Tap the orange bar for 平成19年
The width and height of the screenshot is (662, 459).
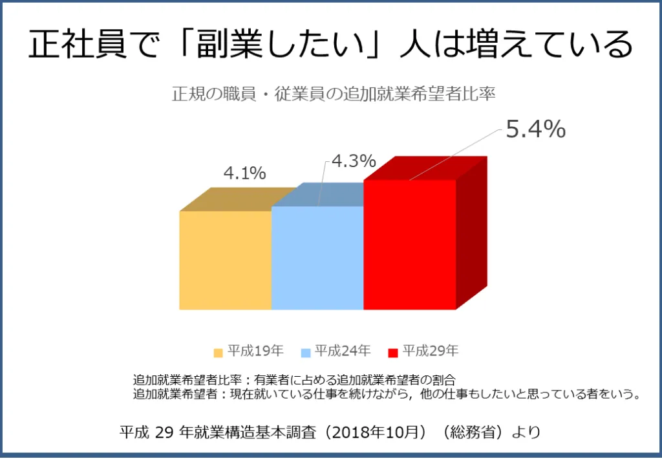coord(225,260)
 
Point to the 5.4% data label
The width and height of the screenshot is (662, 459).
coord(535,130)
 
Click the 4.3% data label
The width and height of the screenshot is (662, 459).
coord(354,161)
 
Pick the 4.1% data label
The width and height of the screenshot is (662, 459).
coord(244,174)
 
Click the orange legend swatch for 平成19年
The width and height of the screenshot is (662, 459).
coord(219,353)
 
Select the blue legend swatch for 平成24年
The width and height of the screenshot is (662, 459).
coord(306,353)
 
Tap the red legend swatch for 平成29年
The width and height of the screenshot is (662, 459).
coord(392,353)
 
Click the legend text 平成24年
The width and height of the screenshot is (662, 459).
coord(343,352)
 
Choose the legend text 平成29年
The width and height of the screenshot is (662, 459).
coord(431,352)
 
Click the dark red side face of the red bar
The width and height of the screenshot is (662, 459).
coord(471,233)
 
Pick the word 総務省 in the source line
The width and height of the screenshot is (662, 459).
coord(476,432)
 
